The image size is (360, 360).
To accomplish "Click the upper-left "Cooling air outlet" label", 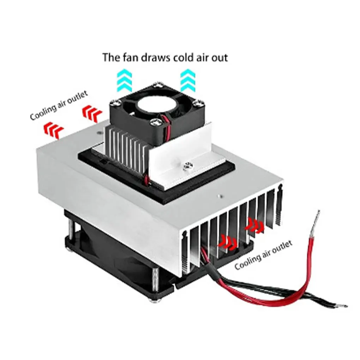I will (58, 105).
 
